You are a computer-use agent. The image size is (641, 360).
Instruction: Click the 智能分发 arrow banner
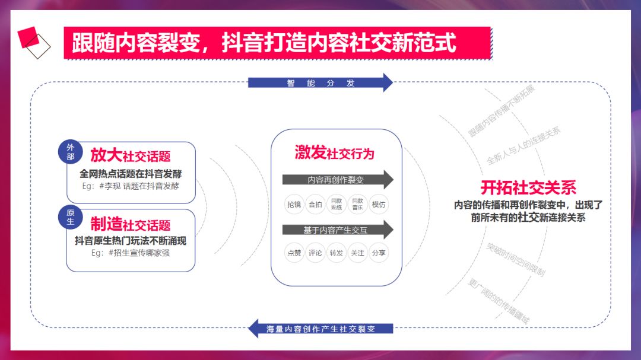point(320,83)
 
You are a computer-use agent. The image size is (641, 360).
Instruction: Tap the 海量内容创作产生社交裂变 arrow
point(320,329)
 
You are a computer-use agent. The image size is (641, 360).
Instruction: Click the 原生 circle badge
point(71,217)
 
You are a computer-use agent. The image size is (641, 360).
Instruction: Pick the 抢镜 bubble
point(294,205)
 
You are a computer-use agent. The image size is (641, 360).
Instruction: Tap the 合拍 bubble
point(315,205)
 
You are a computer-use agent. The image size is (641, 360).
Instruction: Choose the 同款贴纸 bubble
point(337,205)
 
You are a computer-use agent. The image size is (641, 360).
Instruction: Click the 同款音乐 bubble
point(357,205)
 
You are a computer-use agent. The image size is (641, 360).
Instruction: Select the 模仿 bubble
point(379,205)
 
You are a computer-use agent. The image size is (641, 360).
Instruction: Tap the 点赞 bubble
point(294,253)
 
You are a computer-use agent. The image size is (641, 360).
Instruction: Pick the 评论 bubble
point(315,253)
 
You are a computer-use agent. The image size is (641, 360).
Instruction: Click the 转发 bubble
point(337,253)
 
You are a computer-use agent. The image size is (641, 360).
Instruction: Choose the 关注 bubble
point(357,253)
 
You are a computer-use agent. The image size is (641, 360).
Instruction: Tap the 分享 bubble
point(379,253)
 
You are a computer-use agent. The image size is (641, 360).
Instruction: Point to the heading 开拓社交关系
point(528,187)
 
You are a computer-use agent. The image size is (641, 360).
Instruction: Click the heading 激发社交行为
point(335,153)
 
